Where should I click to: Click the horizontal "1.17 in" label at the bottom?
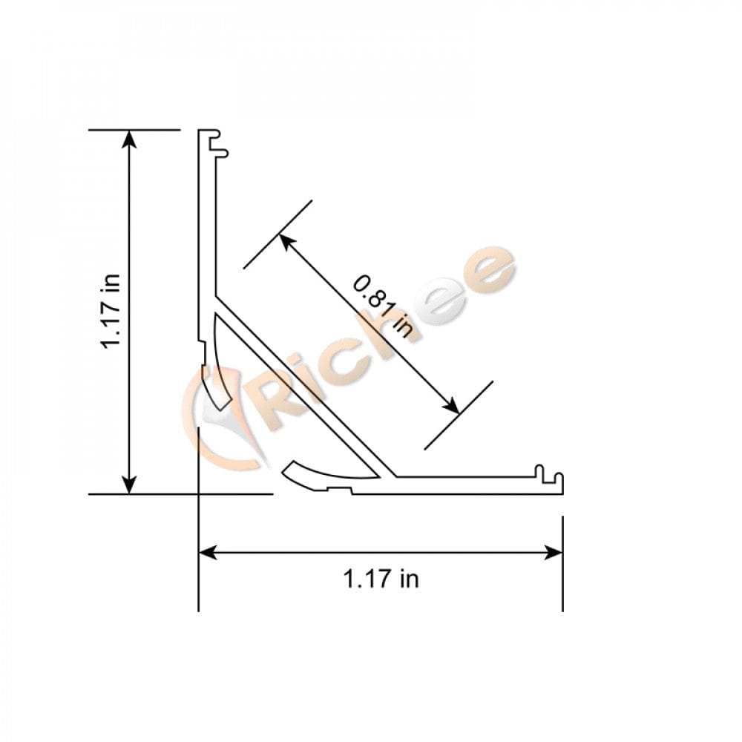click(x=381, y=579)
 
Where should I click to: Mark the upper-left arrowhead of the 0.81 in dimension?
click(x=286, y=241)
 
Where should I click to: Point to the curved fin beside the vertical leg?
click(x=221, y=364)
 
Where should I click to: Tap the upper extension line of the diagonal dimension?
click(x=278, y=234)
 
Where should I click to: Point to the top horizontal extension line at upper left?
click(x=134, y=130)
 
